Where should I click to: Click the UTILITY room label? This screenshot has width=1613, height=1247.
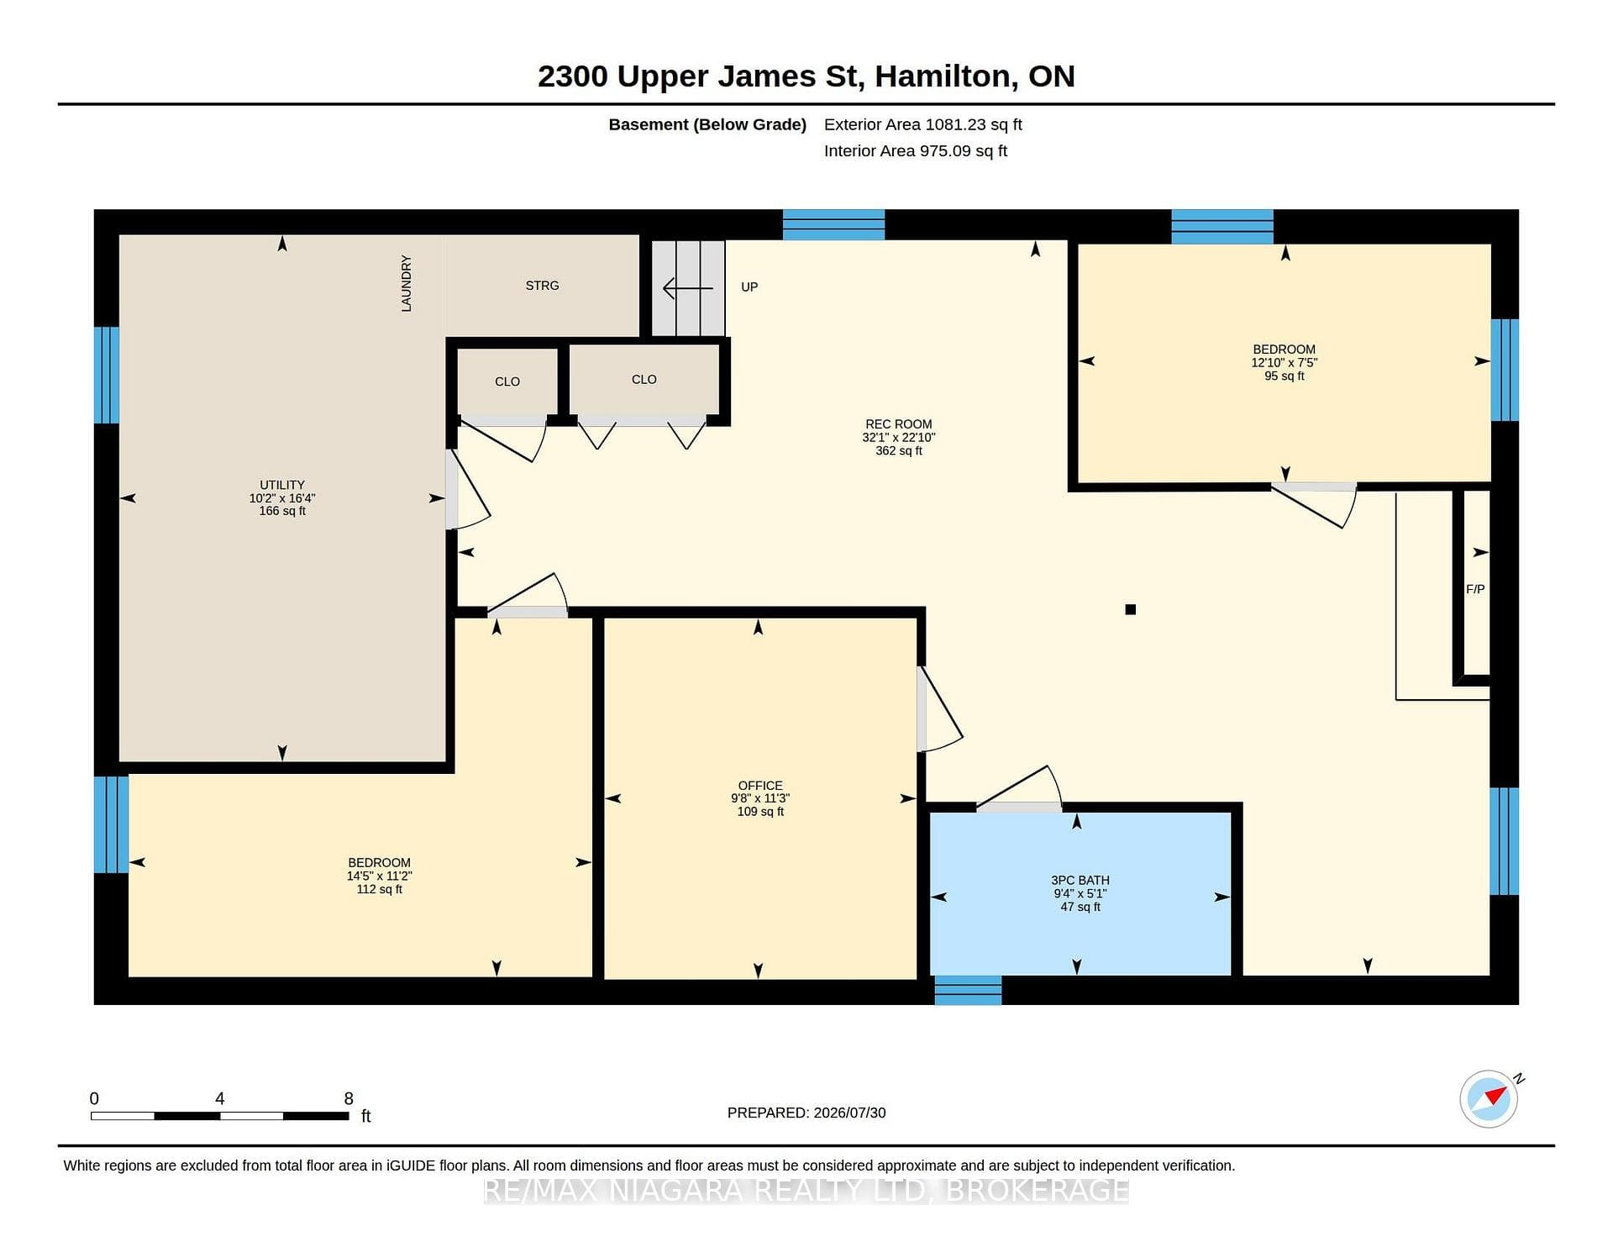click(282, 485)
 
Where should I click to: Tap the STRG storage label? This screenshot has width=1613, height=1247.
click(542, 286)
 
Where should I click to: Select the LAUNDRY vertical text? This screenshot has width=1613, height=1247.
click(407, 284)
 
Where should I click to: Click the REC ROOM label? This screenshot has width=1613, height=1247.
click(899, 424)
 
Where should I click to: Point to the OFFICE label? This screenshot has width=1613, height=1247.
click(760, 786)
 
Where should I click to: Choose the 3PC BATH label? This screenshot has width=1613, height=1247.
click(1080, 881)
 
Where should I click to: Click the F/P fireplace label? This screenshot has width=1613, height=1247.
click(1475, 589)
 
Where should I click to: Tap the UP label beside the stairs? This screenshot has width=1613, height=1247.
click(749, 287)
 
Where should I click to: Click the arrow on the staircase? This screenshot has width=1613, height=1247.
click(688, 288)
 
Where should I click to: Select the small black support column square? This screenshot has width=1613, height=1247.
click(1131, 609)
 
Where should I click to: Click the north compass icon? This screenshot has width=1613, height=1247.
click(1490, 1098)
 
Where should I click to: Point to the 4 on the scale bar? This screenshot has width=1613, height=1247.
click(220, 1098)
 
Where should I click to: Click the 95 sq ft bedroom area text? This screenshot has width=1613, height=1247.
click(1285, 376)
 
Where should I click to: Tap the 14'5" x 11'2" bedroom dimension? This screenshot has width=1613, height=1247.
click(380, 876)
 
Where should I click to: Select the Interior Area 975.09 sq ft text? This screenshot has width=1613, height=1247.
click(916, 151)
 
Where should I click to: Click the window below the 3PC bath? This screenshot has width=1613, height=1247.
click(968, 990)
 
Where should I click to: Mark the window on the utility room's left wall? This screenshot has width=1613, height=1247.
click(107, 375)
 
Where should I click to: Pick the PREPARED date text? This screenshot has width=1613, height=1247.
click(806, 1113)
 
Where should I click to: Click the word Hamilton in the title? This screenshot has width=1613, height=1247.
click(943, 76)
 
